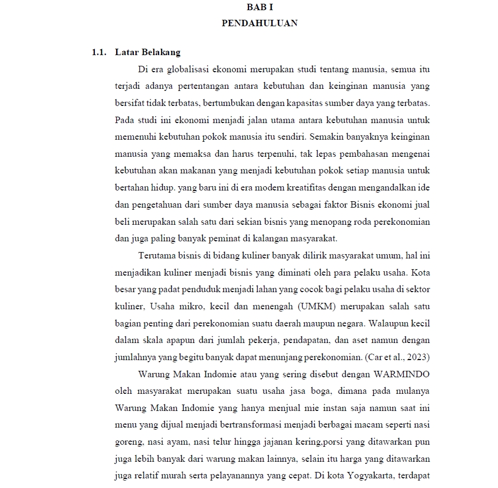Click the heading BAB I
(259, 7)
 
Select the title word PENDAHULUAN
(259, 23)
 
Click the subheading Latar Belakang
(148, 52)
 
